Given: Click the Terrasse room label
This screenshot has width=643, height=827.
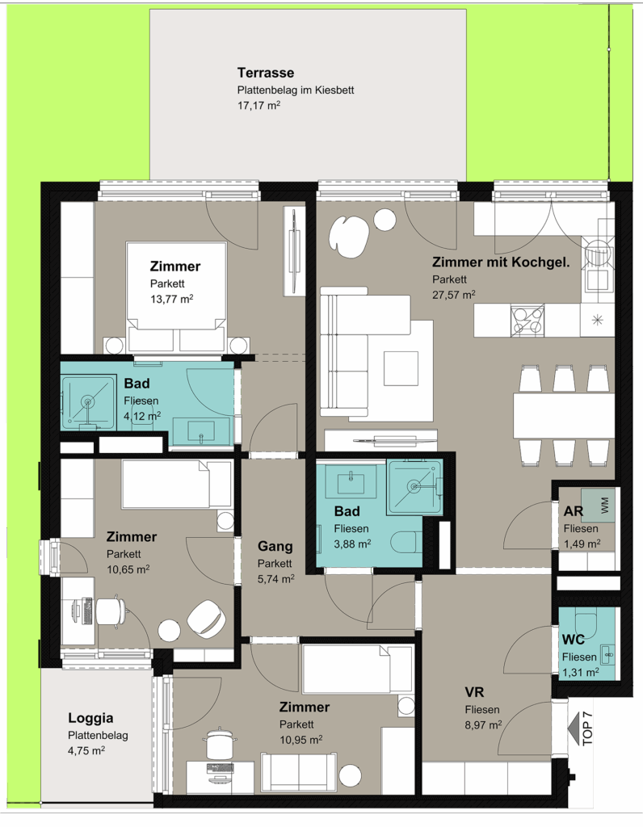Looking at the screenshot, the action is (x=265, y=73).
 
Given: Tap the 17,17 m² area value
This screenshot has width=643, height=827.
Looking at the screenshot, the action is (x=258, y=106).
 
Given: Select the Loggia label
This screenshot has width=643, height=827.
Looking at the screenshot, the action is (x=90, y=718).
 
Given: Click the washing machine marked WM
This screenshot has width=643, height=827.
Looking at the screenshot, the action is (x=598, y=506).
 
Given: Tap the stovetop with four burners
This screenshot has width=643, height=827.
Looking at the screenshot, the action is (x=527, y=321).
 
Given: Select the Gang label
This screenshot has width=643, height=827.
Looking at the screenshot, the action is (x=275, y=547).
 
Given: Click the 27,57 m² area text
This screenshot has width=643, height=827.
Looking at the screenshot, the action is (x=454, y=295).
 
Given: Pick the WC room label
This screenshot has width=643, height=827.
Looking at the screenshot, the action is (x=574, y=640).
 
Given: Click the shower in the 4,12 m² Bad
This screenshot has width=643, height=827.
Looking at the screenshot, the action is (x=88, y=402).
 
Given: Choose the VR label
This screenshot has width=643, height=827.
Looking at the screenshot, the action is (x=474, y=692).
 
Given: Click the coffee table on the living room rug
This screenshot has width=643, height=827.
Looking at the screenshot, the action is (x=401, y=368).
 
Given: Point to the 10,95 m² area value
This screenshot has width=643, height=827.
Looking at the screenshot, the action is (x=301, y=740).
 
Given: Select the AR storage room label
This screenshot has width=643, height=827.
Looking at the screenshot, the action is (x=574, y=511).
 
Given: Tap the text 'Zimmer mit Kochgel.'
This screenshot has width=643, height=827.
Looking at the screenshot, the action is (x=501, y=262).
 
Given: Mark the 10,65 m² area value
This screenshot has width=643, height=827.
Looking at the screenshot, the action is (x=128, y=569).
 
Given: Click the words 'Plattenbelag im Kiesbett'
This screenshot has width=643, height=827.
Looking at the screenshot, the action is (x=296, y=90).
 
